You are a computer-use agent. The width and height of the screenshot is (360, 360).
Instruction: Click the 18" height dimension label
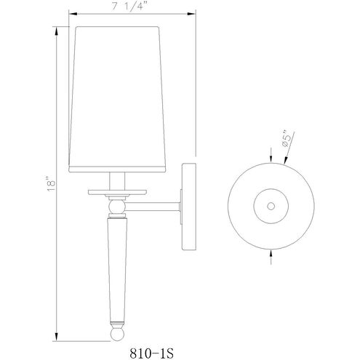pyautogui.click(x=52, y=186)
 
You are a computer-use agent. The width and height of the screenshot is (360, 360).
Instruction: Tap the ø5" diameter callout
pyautogui.click(x=286, y=140)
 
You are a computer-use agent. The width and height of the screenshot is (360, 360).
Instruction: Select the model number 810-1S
pyautogui.click(x=152, y=353)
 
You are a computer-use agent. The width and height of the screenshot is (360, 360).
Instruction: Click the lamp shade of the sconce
pyautogui.click(x=117, y=99)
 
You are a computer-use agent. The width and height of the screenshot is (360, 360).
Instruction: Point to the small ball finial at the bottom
pyautogui.click(x=117, y=334)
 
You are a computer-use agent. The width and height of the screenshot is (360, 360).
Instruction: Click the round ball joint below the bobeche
pyautogui.click(x=117, y=207)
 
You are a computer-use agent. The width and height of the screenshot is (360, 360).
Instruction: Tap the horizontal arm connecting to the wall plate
pyautogui.click(x=153, y=207)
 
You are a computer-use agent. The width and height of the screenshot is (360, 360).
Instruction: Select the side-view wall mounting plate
pyautogui.click(x=188, y=207)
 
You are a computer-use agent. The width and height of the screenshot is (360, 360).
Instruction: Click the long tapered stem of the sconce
pyautogui.click(x=117, y=269)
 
